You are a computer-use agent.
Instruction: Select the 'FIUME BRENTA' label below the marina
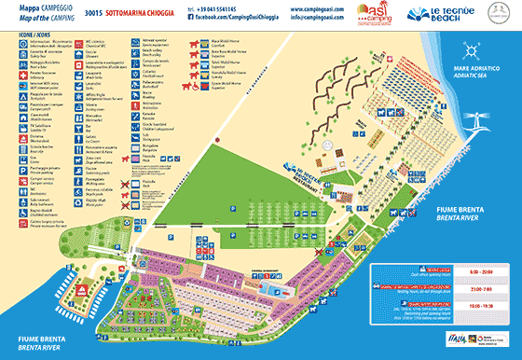pos(32,339)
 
